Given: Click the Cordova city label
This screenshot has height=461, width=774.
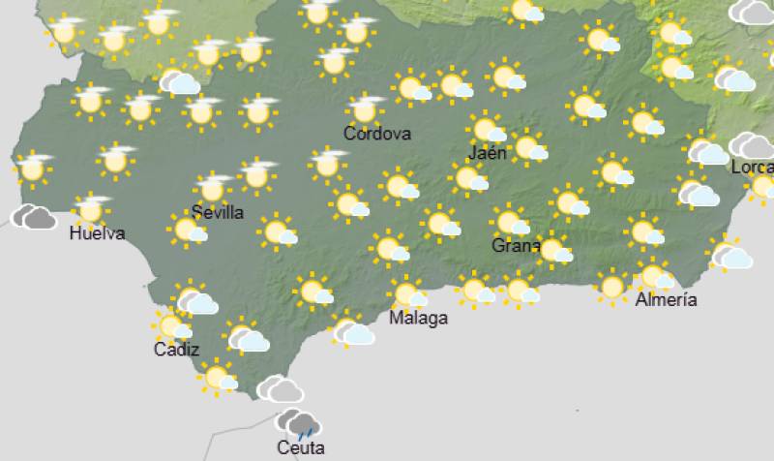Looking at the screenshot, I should (x=377, y=134).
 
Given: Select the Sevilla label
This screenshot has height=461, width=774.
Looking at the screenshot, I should (x=217, y=212).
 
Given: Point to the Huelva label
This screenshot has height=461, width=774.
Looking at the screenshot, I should (x=97, y=232).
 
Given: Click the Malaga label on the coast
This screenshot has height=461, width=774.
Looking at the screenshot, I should (x=419, y=318).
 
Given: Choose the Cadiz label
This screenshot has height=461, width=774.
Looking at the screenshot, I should (x=176, y=350).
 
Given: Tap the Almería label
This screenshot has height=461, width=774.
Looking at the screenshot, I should (x=667, y=299).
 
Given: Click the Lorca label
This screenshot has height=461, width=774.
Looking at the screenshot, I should (x=752, y=168).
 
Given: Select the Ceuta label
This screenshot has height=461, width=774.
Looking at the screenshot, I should (x=300, y=447).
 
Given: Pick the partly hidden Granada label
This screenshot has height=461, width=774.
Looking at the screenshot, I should (x=515, y=245).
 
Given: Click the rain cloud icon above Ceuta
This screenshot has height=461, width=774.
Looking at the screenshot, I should (x=299, y=423).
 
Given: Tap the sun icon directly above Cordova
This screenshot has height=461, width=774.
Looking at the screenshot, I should (x=365, y=108).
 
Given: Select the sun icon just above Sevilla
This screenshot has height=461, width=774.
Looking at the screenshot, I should (x=212, y=187).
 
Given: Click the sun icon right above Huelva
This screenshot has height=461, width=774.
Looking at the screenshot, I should (x=91, y=207).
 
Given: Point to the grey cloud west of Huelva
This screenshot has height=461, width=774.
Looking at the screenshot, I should (x=33, y=216).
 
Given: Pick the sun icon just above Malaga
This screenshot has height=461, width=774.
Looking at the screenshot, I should (x=407, y=292).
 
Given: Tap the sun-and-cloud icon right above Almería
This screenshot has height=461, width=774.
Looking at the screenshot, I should (x=655, y=276).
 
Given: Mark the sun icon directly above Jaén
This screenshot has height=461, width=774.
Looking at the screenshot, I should (x=488, y=129).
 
